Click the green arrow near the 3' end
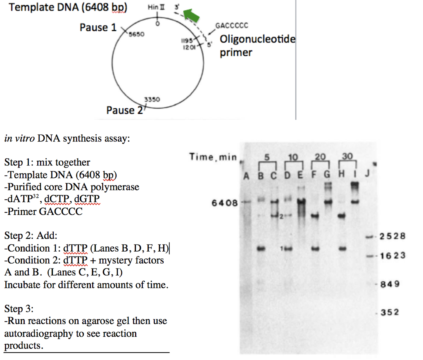[x=191, y=15]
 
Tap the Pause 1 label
[x=98, y=28]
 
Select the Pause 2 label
[x=124, y=110]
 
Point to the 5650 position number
[x=136, y=34]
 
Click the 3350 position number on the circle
[x=152, y=100]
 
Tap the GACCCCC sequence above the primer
[x=232, y=26]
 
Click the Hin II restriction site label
[x=156, y=7]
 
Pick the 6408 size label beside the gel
[x=225, y=203]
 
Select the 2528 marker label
[x=392, y=236]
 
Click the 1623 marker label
[x=393, y=255]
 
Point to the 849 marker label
[x=390, y=284]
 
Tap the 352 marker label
[x=390, y=312]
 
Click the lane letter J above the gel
[x=367, y=173]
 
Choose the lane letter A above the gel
[x=246, y=176]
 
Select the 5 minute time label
[x=267, y=157]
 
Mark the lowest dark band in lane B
[x=261, y=248]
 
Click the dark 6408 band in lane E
[x=301, y=201]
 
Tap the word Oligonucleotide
[x=258, y=39]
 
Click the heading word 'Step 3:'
[x=19, y=308]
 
